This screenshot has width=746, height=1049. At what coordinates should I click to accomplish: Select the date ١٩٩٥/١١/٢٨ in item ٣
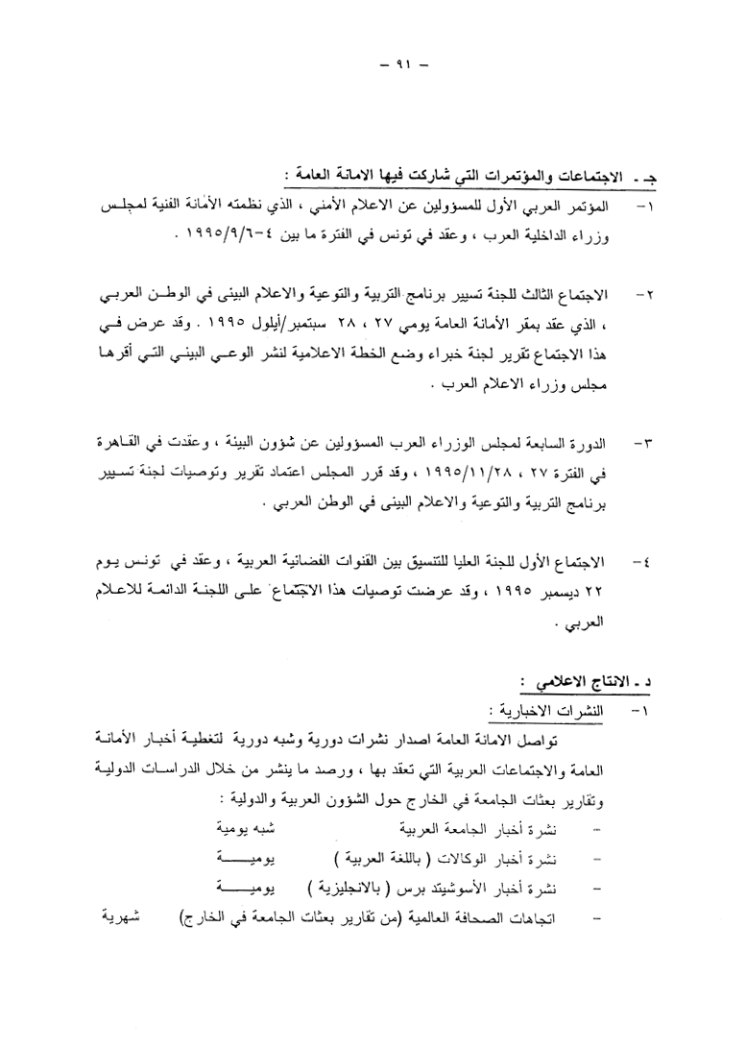click(447, 474)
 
